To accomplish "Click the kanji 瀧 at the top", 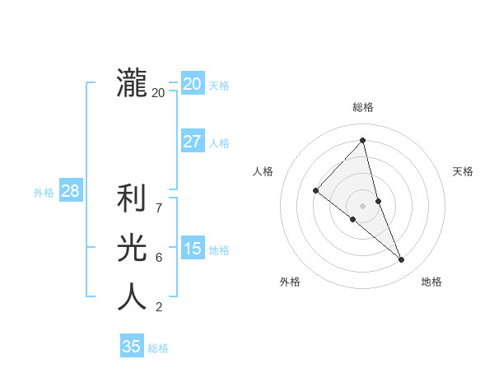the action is click(132, 84).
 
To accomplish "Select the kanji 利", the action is click(132, 199).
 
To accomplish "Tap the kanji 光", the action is click(132, 248).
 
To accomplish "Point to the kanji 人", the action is click(132, 296).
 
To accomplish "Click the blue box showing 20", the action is click(192, 84).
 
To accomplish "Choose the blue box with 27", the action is click(192, 142).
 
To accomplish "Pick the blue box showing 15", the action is click(192, 249).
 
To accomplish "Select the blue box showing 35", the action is click(132, 347).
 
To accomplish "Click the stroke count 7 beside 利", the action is click(159, 208).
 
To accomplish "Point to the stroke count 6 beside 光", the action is click(159, 258).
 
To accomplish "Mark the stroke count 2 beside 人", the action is click(159, 307).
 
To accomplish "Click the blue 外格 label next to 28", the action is click(44, 193).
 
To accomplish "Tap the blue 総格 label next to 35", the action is click(158, 348).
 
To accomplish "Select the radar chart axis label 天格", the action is click(464, 171).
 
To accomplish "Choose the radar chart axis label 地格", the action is click(431, 282).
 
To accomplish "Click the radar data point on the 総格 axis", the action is click(362, 140).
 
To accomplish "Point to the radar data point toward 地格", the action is click(402, 260).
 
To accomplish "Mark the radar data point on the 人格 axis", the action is click(315, 190).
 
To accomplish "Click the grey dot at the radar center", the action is click(362, 205).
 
